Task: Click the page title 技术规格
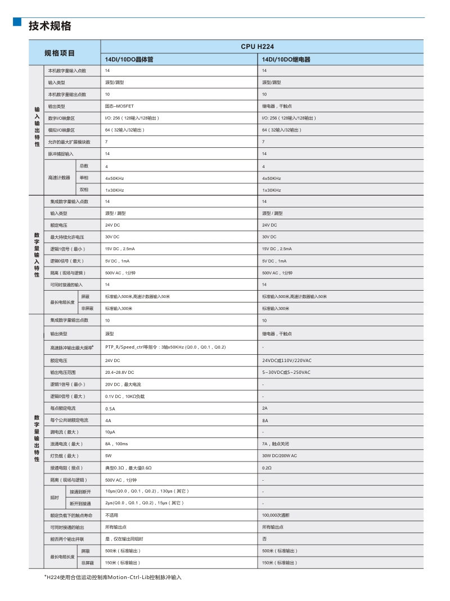(50, 26)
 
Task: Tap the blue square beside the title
(17, 22)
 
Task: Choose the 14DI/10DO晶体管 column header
(129, 59)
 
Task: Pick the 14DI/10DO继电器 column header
(286, 59)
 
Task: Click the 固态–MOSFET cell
(119, 106)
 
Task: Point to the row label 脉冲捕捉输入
(61, 153)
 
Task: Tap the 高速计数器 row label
(59, 178)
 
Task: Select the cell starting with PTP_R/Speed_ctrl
(165, 347)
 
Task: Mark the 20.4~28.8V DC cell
(120, 372)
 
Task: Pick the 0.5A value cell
(110, 408)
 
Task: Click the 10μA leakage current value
(110, 432)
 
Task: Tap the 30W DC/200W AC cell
(280, 456)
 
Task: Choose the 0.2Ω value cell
(267, 468)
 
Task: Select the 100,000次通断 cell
(276, 515)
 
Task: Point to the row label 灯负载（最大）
(64, 456)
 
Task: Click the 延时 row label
(55, 498)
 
